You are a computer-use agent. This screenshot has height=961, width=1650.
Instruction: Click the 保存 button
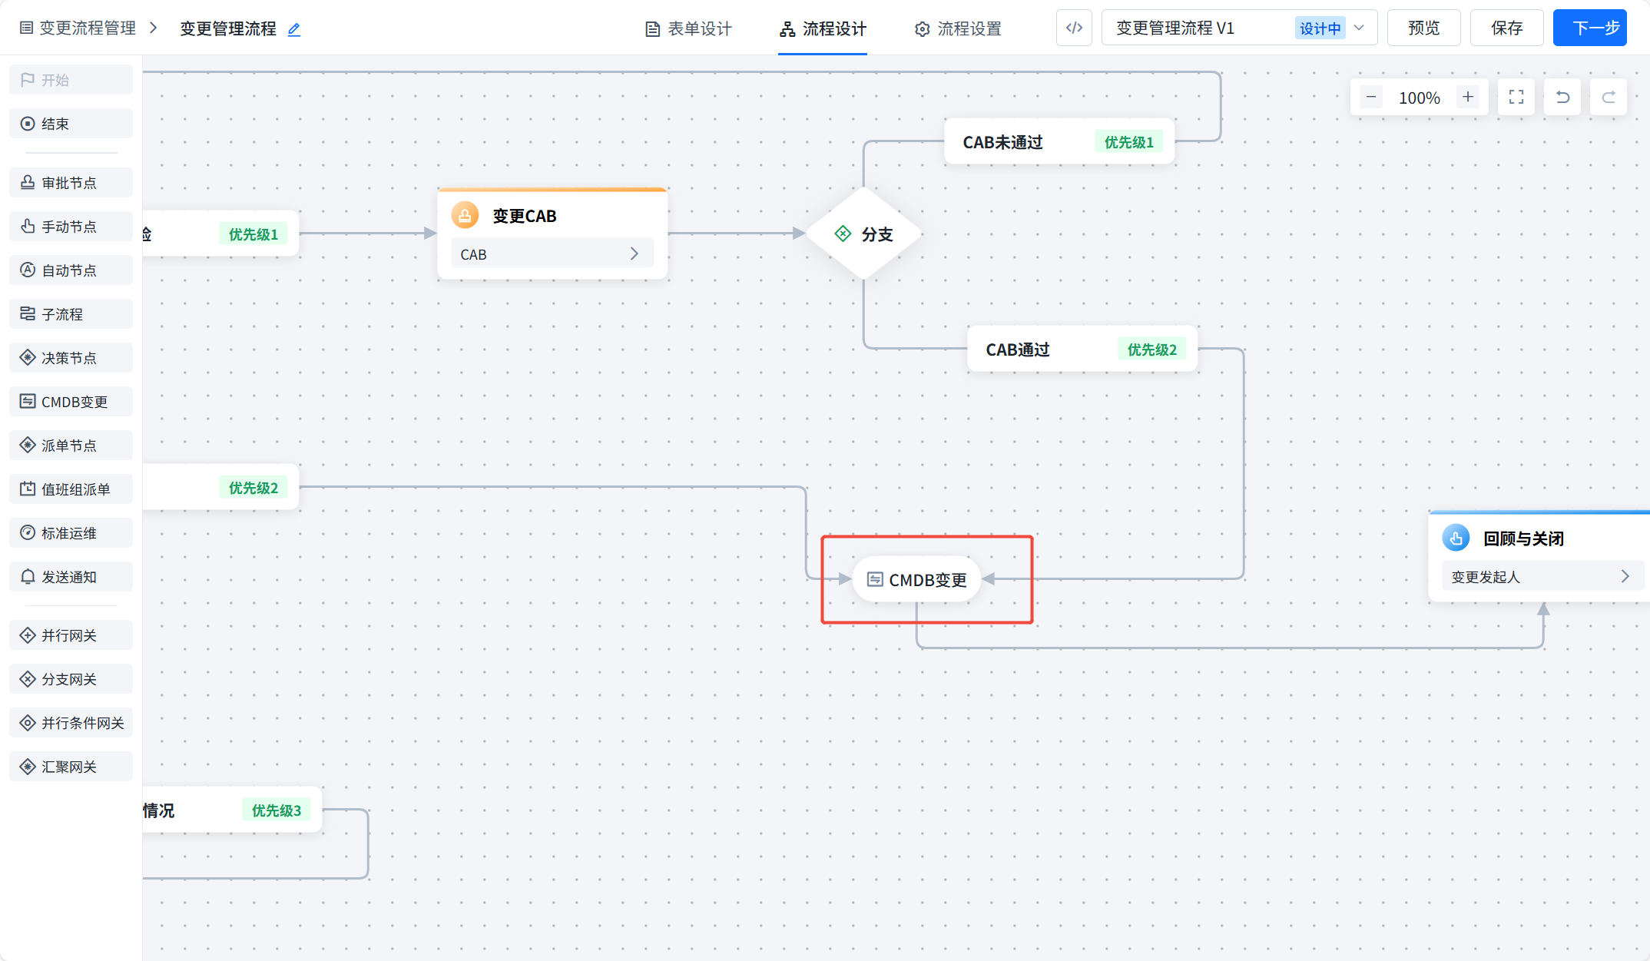point(1506,28)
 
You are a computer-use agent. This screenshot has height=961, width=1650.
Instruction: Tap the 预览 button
point(1423,28)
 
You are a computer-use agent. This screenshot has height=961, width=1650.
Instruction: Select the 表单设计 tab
point(688,29)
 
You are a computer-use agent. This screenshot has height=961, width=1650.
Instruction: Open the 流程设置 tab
point(958,29)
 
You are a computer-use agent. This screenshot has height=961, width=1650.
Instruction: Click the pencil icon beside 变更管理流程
point(294,30)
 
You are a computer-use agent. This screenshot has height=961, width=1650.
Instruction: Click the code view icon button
point(1074,28)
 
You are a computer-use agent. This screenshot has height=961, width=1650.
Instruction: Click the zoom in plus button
point(1468,98)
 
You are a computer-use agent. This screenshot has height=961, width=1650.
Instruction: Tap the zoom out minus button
point(1371,98)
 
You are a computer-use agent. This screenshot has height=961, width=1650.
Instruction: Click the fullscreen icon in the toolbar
point(1516,98)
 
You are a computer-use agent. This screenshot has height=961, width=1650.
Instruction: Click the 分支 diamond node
point(864,234)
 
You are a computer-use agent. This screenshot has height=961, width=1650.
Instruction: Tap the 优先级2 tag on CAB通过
point(1151,350)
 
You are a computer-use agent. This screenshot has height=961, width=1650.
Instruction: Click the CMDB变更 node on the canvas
point(917,580)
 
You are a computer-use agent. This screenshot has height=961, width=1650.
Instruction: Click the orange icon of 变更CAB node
point(465,216)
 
